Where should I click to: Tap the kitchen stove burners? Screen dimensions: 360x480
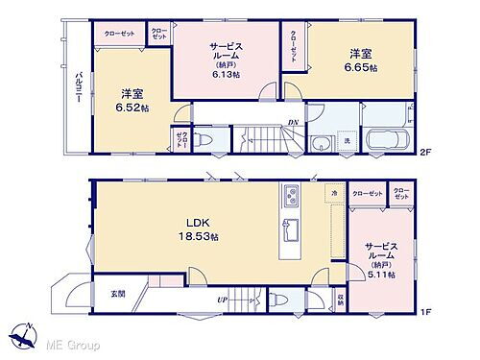point(290,198)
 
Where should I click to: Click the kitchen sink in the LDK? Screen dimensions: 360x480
point(289,231)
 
